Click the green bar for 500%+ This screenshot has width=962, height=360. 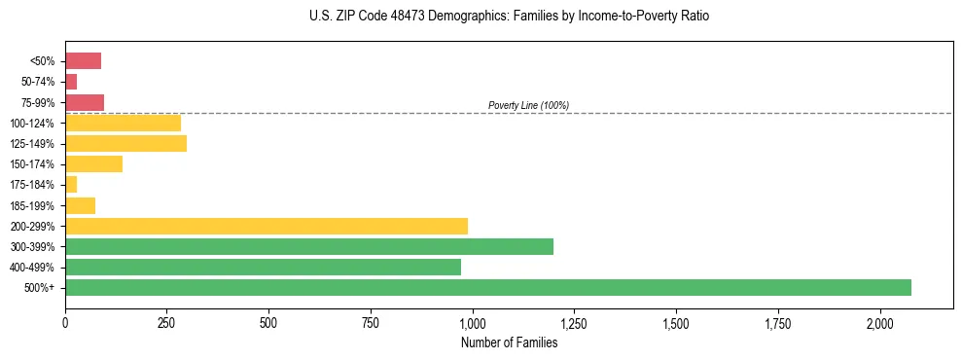pos(487,287)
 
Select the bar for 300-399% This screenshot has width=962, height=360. pos(308,246)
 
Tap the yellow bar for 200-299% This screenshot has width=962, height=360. pos(266,226)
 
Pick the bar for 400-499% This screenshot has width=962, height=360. pos(263,267)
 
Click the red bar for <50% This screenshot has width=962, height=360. pos(83,61)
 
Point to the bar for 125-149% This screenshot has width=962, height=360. pos(125,144)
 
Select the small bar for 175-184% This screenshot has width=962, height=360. pos(71,185)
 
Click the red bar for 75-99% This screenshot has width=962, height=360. pos(85,102)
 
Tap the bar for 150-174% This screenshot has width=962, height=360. pos(93,164)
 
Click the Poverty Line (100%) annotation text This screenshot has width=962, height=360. pos(528,105)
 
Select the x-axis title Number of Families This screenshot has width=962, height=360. pos(509,342)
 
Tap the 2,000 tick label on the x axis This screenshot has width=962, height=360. pos(879,322)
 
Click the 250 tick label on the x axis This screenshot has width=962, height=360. pos(166,322)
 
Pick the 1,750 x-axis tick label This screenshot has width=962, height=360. pos(777,322)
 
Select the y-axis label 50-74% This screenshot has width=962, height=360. pos(41,82)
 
